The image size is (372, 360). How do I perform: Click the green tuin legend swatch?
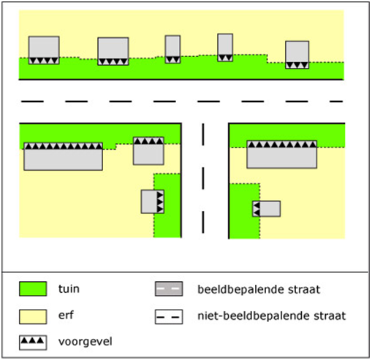(x=33, y=289)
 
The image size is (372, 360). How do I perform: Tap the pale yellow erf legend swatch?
(x=33, y=317)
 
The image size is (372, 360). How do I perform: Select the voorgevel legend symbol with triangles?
(x=33, y=342)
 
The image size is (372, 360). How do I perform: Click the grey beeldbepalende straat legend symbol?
(x=169, y=289)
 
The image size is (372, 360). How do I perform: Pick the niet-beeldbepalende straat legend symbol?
(x=169, y=317)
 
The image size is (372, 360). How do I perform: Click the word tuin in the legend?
(x=69, y=289)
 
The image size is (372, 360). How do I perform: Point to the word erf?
(x=66, y=315)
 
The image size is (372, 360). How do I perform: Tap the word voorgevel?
(x=86, y=342)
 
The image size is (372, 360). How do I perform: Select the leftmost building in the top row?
(x=44, y=50)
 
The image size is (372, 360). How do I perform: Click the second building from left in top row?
(x=113, y=51)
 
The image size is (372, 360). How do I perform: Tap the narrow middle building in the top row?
(x=172, y=50)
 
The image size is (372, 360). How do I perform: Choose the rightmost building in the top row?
(x=297, y=55)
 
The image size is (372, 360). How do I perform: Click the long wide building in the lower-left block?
(x=63, y=156)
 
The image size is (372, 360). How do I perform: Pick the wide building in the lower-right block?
(x=282, y=154)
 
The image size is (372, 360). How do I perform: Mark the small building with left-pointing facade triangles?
(x=266, y=209)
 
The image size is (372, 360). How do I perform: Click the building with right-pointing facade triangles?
(x=153, y=202)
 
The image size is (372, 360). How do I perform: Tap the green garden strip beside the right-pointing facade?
(x=167, y=206)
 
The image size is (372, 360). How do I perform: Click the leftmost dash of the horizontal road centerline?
(x=32, y=102)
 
